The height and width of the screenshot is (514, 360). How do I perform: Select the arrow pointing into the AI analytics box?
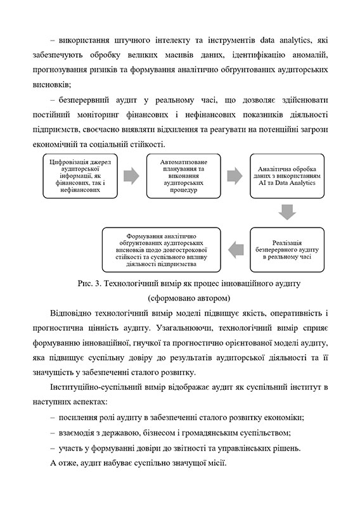tap(233, 175)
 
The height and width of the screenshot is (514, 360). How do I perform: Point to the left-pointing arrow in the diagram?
tap(235, 250)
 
